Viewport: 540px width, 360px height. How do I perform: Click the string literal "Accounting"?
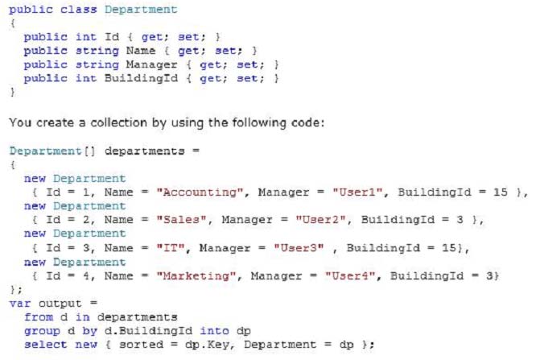200,192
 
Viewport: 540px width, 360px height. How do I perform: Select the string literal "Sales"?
182,220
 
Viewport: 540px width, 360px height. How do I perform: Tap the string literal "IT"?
171,248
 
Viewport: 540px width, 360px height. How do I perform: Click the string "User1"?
357,192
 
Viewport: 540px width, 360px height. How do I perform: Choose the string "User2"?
320,220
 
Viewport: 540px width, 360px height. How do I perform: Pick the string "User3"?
299,248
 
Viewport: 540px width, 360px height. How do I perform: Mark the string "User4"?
350,276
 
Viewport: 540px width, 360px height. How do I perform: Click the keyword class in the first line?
79,10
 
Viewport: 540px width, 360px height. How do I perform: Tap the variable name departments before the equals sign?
144,151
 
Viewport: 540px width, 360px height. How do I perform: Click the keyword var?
20,304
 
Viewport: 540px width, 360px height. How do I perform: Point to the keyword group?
42,331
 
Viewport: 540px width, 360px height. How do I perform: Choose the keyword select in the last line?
45,345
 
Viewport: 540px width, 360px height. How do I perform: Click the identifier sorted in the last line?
141,345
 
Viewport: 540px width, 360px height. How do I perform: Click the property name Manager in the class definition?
151,64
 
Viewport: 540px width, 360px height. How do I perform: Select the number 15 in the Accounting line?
501,192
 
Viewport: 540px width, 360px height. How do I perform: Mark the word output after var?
60,304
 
